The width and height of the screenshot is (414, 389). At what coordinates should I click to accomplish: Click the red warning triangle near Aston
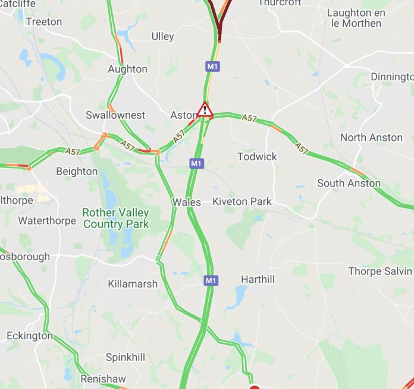[x=205, y=110]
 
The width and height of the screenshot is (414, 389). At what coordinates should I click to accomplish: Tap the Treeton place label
[x=43, y=21]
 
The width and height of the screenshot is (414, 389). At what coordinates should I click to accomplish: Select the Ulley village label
[x=162, y=36]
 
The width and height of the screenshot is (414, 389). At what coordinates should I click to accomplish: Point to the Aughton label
[x=127, y=69]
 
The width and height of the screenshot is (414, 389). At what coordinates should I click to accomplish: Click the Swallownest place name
[x=115, y=115]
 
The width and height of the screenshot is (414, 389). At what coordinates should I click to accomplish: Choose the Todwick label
[x=257, y=156]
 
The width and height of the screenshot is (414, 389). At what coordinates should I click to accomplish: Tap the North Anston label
[x=371, y=137]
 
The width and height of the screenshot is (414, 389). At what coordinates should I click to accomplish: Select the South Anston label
[x=349, y=183]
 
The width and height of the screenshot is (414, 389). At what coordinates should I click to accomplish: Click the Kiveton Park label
[x=242, y=201]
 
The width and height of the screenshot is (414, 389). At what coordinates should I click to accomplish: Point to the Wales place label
[x=187, y=202]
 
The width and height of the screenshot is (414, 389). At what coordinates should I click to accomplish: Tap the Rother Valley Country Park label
[x=116, y=218]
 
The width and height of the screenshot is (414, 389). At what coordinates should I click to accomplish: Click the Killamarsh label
[x=133, y=284]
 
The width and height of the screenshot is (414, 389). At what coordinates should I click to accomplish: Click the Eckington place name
[x=30, y=336]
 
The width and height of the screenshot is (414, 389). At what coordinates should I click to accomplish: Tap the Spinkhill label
[x=126, y=358]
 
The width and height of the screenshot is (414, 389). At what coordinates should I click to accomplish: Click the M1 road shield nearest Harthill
[x=209, y=280]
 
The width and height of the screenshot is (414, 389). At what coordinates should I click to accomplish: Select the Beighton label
[x=77, y=171]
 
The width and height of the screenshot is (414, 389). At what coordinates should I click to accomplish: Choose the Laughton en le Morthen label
[x=356, y=18]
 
